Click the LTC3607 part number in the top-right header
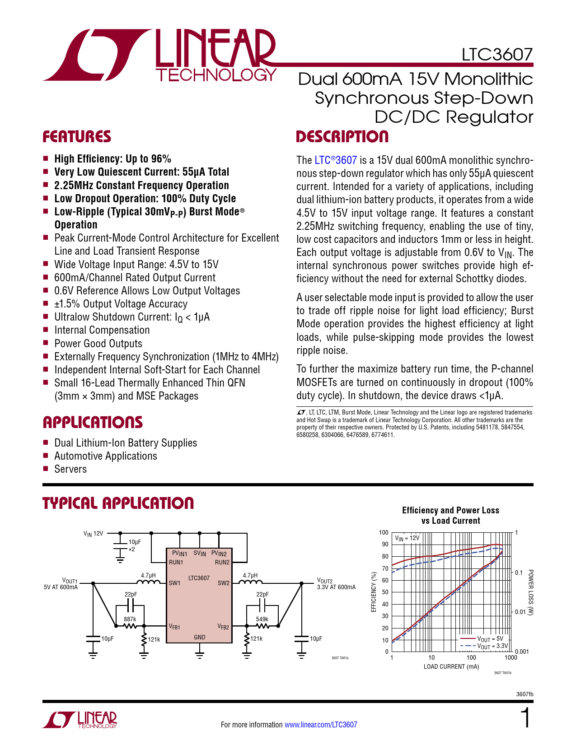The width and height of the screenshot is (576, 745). (x=497, y=55)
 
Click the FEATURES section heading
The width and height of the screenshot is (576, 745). (x=77, y=137)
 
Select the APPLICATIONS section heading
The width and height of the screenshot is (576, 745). (x=93, y=423)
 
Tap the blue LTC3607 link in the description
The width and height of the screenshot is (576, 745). (x=336, y=160)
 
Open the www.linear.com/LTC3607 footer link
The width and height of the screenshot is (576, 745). (x=321, y=725)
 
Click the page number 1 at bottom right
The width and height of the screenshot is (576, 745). (x=525, y=718)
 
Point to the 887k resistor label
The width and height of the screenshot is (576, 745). (x=130, y=619)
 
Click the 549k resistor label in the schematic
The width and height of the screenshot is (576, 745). (x=262, y=619)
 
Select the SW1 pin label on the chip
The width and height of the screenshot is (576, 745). (x=174, y=583)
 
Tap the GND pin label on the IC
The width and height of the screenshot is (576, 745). (x=199, y=637)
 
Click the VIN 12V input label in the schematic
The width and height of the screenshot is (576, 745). (x=93, y=533)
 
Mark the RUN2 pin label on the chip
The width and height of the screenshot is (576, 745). (x=222, y=563)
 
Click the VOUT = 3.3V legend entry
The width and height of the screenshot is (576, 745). (x=492, y=646)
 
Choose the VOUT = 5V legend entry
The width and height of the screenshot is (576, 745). (x=490, y=639)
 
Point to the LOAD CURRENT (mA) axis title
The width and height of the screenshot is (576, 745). (x=451, y=666)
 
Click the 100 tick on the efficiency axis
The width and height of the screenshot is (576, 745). (x=384, y=533)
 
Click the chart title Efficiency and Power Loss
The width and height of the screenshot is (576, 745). (x=450, y=510)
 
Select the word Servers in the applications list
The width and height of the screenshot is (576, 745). (x=70, y=469)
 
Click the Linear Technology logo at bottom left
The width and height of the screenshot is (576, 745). (x=80, y=720)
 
